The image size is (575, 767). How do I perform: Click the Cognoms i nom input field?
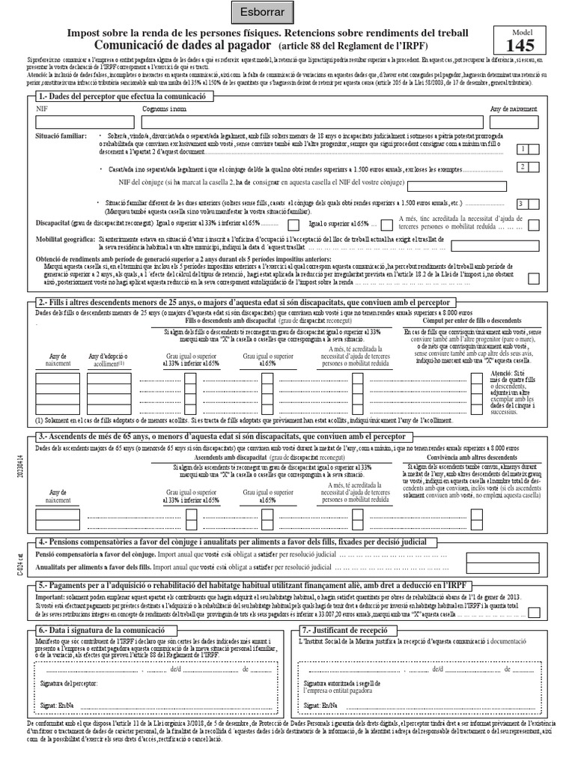tap(307, 123)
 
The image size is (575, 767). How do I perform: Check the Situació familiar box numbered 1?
tap(528, 149)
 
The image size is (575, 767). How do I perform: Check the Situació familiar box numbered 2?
tap(528, 167)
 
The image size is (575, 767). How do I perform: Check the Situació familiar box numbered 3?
tap(528, 203)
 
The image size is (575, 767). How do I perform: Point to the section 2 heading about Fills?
tap(225, 301)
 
